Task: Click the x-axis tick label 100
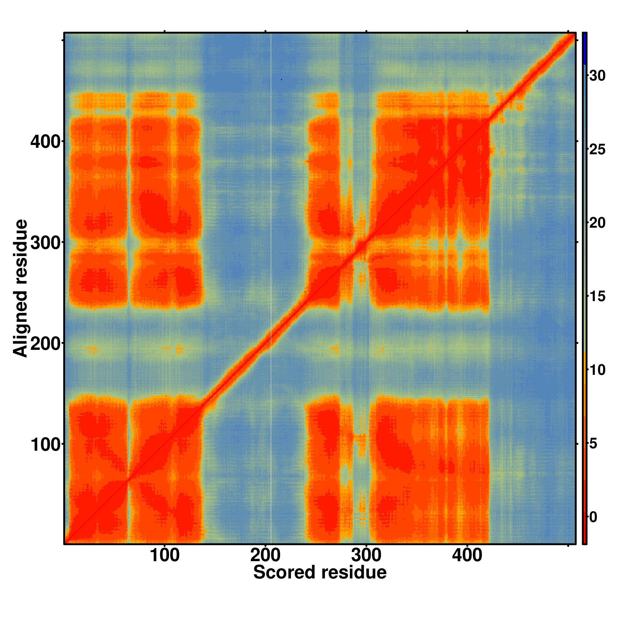pyautogui.click(x=164, y=555)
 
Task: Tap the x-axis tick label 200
pyautogui.click(x=265, y=555)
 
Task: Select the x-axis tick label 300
pyautogui.click(x=366, y=555)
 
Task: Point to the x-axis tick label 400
pyautogui.click(x=467, y=555)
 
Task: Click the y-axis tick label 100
pyautogui.click(x=45, y=445)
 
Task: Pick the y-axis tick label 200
pyautogui.click(x=45, y=344)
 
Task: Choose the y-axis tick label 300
pyautogui.click(x=45, y=243)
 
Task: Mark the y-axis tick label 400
pyautogui.click(x=45, y=142)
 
